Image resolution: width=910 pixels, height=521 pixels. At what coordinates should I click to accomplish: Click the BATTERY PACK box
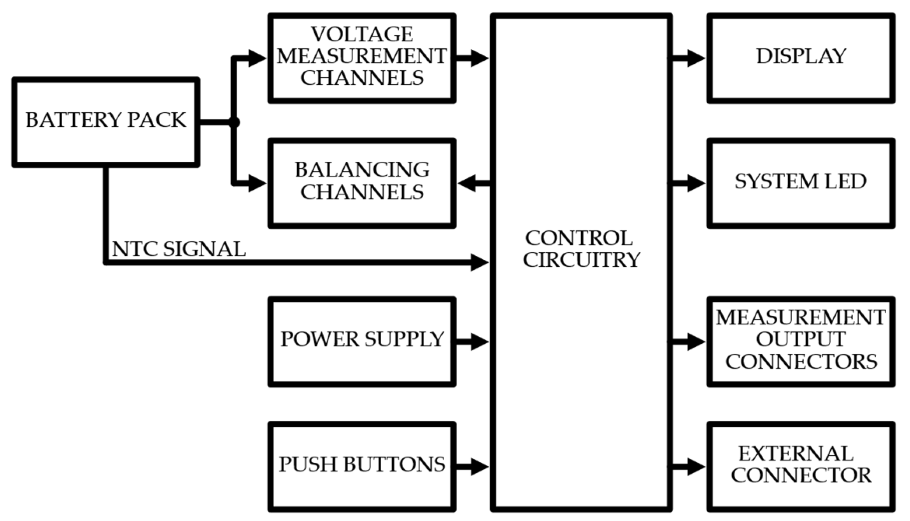(105, 122)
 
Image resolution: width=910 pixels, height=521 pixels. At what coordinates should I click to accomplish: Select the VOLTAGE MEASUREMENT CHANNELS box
(361, 58)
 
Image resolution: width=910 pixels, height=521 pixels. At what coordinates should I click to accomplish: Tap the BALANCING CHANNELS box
(361, 183)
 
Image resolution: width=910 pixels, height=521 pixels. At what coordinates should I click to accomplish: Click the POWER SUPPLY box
(361, 342)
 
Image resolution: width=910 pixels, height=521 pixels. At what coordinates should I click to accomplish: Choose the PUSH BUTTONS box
(361, 467)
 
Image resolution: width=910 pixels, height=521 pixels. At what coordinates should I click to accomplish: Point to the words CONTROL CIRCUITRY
(581, 249)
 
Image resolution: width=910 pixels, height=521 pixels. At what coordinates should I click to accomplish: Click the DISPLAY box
(801, 58)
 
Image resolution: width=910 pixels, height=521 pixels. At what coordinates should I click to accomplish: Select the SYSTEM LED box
(801, 183)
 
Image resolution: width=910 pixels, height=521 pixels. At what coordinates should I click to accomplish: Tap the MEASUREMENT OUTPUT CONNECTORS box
(801, 342)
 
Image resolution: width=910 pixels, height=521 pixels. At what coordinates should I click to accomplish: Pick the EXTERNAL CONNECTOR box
(801, 467)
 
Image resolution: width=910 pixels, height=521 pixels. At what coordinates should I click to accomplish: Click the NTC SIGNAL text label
(179, 249)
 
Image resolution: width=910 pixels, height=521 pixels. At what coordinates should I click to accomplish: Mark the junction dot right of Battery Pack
(234, 122)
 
